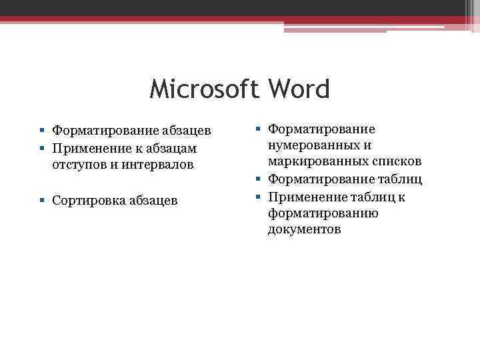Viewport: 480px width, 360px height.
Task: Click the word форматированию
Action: pyautogui.click(x=323, y=213)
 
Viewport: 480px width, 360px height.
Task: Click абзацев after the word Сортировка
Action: pyautogui.click(x=154, y=200)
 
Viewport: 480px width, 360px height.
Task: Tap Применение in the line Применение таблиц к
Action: pyautogui.click(x=303, y=197)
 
